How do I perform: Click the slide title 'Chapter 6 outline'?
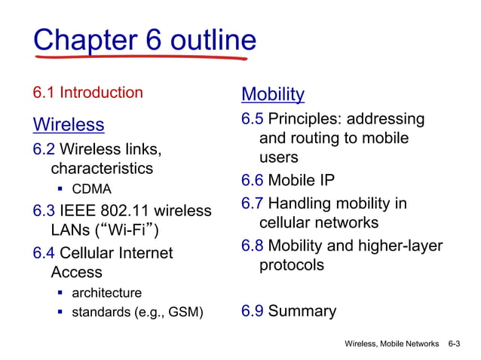pyautogui.click(x=145, y=39)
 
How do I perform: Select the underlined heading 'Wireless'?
pyautogui.click(x=69, y=124)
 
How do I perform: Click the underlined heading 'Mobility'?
pyautogui.click(x=273, y=94)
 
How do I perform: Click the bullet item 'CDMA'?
pyautogui.click(x=91, y=188)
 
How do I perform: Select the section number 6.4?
pyautogui.click(x=44, y=253)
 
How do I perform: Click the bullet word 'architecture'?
pyautogui.click(x=106, y=292)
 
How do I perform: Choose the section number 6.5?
pyautogui.click(x=253, y=120)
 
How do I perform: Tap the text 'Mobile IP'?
pyautogui.click(x=302, y=181)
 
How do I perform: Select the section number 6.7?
pyautogui.click(x=253, y=204)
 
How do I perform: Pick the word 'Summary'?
pyautogui.click(x=302, y=311)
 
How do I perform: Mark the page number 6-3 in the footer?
pyautogui.click(x=454, y=343)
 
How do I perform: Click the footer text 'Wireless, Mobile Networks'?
pyautogui.click(x=391, y=343)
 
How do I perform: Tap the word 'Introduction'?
pyautogui.click(x=101, y=93)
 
